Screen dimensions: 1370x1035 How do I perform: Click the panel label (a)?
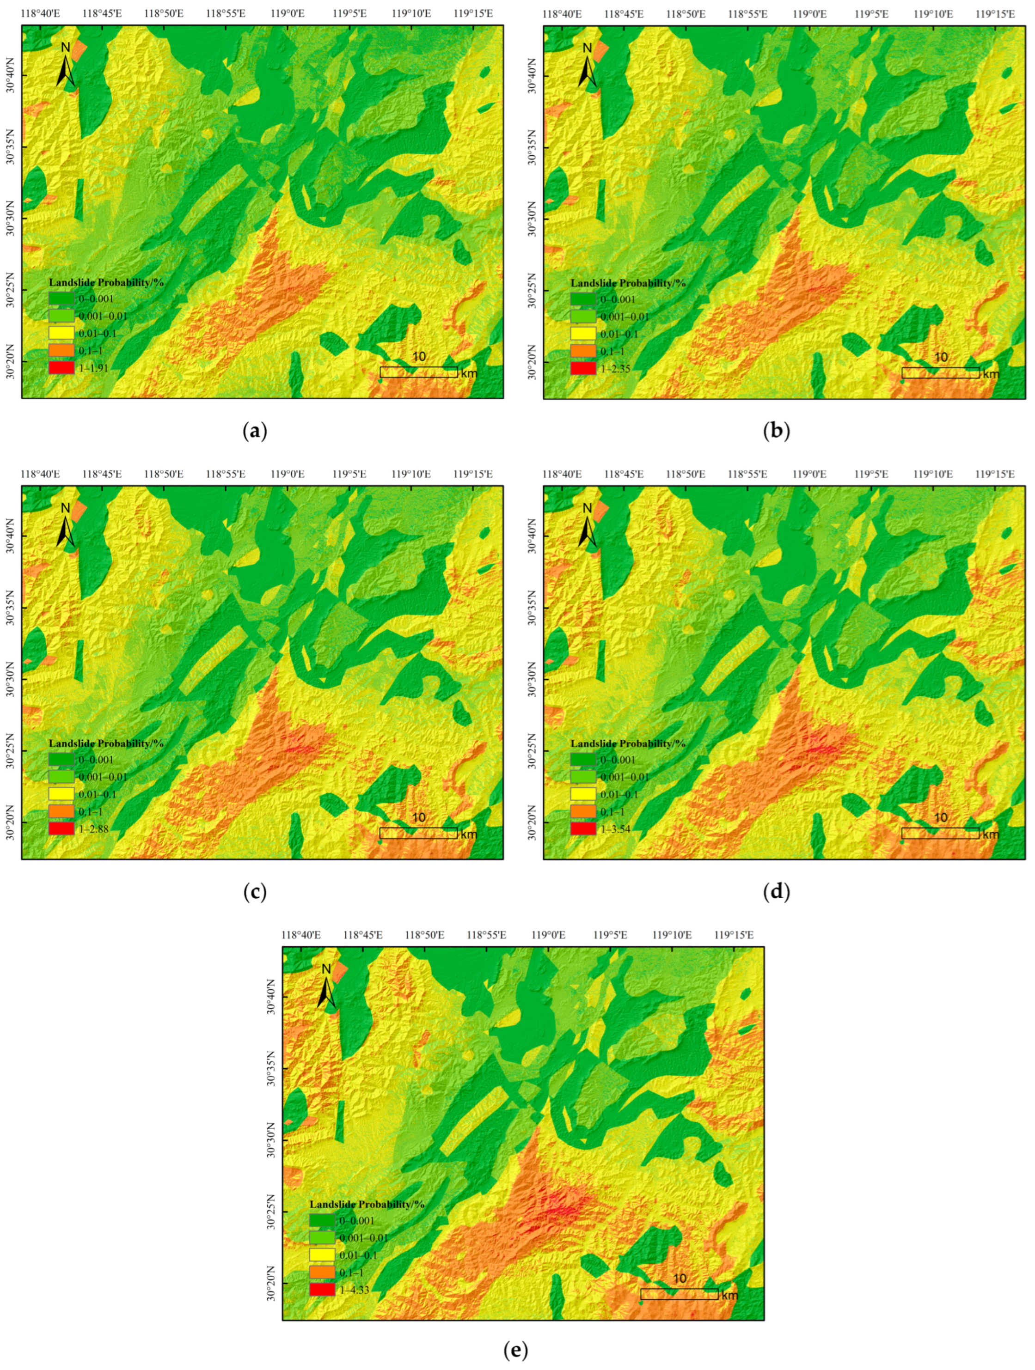pos(255,431)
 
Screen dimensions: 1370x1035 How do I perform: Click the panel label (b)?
pos(777,431)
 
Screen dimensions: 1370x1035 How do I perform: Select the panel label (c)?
pos(255,892)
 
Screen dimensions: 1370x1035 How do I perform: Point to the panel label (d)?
pos(777,892)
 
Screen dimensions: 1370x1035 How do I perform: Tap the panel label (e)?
pos(516,1352)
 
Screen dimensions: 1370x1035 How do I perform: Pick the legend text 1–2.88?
pos(94,828)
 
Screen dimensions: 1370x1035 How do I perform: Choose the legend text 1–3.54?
pos(616,828)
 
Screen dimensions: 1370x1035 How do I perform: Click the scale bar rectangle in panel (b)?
pos(940,373)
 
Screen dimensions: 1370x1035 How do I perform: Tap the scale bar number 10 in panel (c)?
pos(419,817)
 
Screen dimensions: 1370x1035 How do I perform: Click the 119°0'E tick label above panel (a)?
pos(288,13)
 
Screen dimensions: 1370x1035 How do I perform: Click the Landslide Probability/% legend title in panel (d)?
pos(628,743)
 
